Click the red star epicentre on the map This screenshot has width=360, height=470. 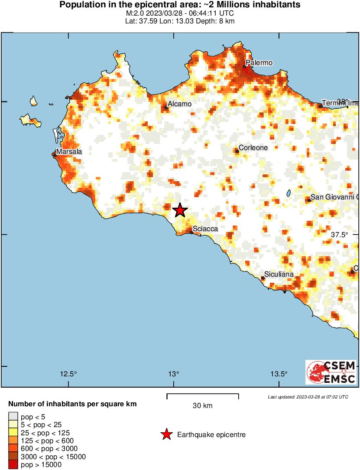coord(180,210)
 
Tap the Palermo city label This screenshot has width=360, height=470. coord(259,63)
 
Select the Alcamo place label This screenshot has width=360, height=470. coord(179,104)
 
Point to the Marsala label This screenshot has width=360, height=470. coord(69,152)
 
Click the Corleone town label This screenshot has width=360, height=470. coord(253,148)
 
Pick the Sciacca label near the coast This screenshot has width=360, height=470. coord(205,229)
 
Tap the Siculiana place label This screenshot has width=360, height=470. coord(279,274)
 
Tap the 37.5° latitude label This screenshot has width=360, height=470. coord(340,235)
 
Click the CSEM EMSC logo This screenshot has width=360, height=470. coord(331,372)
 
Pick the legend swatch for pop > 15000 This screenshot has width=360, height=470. coord(13,465)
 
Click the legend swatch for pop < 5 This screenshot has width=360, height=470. coord(13,417)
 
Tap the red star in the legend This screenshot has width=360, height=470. coord(166,434)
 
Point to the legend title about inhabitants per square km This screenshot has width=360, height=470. coord(72,404)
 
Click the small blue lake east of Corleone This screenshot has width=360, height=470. coord(289,193)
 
